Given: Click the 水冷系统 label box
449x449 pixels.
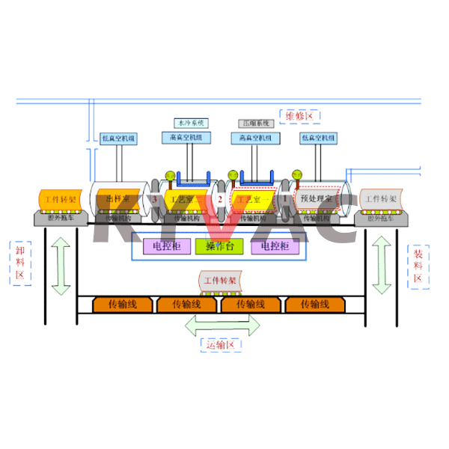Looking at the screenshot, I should [189, 122].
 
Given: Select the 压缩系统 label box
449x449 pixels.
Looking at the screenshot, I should [254, 122].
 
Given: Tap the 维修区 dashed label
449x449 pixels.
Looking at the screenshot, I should [302, 116].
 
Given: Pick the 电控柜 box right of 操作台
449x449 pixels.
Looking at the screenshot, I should [274, 245].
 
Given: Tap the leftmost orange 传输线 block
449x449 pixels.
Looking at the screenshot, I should [123, 304].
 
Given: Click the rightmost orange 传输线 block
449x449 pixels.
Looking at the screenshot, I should [314, 304].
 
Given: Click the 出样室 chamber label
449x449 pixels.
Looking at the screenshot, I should [120, 199].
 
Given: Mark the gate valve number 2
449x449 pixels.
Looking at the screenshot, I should [221, 200].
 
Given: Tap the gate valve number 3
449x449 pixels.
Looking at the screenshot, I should [155, 200].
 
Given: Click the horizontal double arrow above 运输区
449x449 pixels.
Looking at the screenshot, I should [223, 324].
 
